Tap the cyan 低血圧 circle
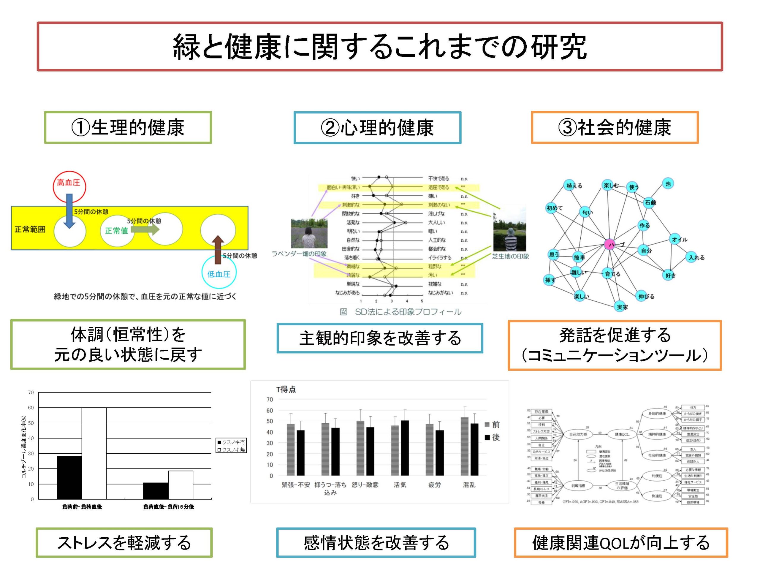(x=219, y=273)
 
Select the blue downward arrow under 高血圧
(x=69, y=210)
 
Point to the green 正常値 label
(x=116, y=231)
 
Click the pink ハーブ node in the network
(x=609, y=244)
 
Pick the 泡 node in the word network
(x=668, y=184)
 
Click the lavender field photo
(x=309, y=233)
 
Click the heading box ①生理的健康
(x=128, y=127)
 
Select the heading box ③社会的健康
(x=614, y=127)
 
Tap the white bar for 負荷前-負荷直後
(x=94, y=453)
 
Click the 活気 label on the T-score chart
(x=400, y=485)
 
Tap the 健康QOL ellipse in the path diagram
(x=622, y=434)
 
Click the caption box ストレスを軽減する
(x=124, y=542)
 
